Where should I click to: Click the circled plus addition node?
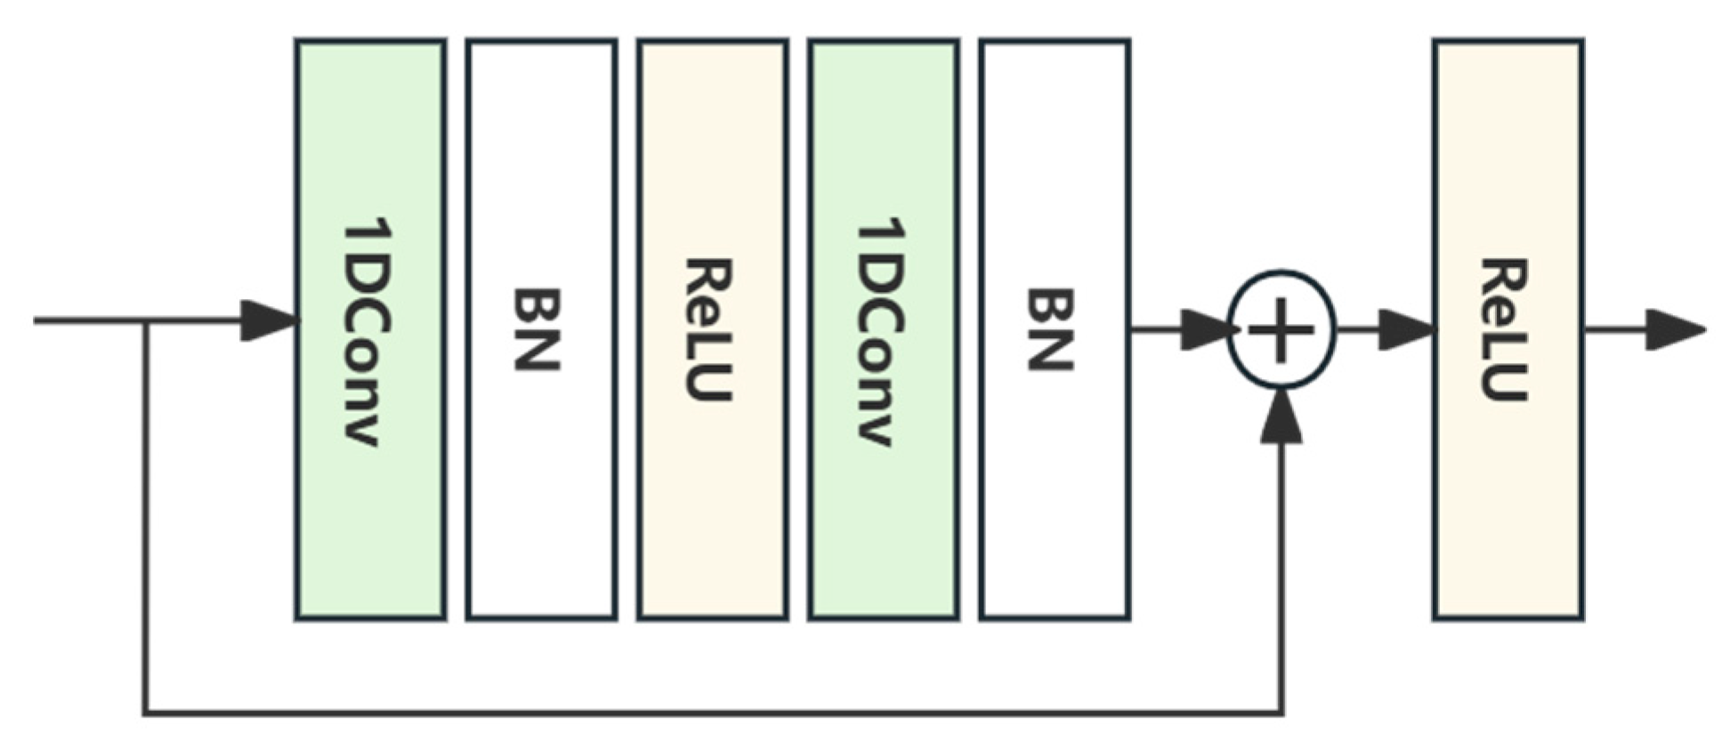[1281, 330]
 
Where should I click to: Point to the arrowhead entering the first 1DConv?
[269, 320]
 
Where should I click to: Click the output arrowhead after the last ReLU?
[1673, 330]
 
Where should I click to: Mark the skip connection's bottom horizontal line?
[712, 713]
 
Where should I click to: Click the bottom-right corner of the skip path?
[1281, 713]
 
